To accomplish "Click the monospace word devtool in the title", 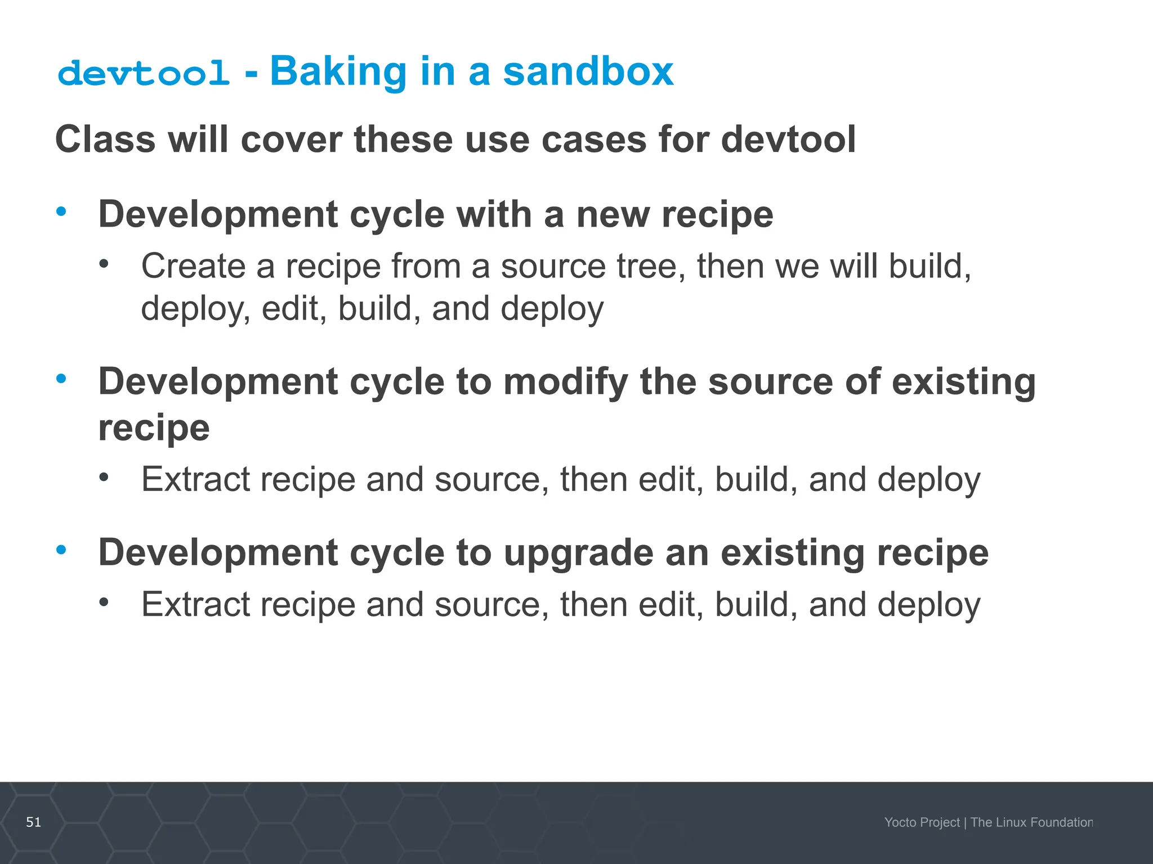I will pos(144,74).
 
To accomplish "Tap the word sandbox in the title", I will pos(588,71).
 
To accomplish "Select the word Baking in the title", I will pos(338,73).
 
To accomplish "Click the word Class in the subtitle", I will pos(105,139).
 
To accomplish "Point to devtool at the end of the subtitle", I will pos(788,139).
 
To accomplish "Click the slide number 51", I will pos(34,822).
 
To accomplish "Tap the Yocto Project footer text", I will pos(922,822).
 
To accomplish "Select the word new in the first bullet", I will pos(613,214).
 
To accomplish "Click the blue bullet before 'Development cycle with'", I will pos(61,211).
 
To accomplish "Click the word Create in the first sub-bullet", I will pos(193,265).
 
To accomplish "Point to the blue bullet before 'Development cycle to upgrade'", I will pos(61,550).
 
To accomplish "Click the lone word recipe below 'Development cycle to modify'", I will pos(154,427).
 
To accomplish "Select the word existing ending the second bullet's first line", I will pos(963,381).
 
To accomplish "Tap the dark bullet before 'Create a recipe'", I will pos(104,263).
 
